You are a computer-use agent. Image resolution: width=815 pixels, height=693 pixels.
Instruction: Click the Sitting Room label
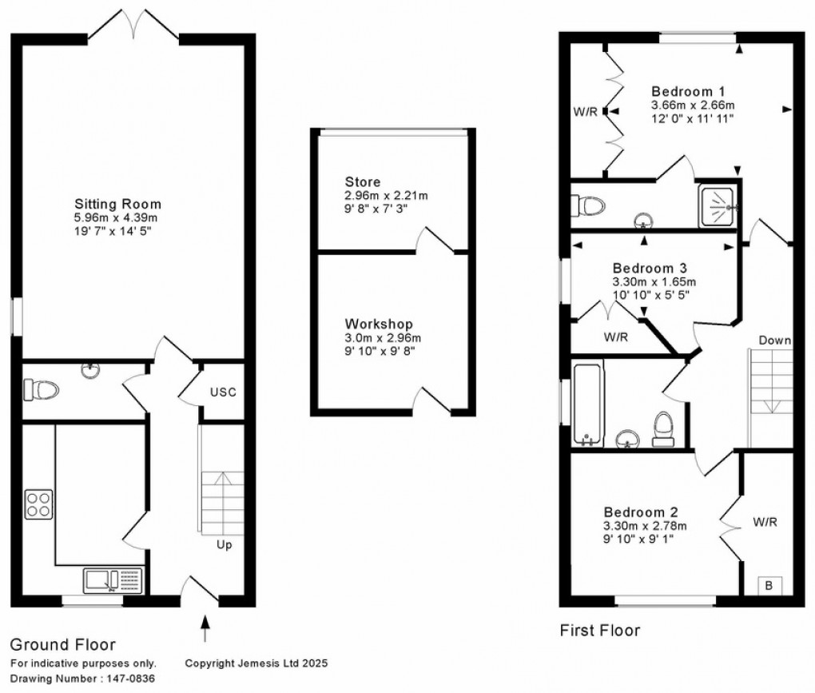[117, 204]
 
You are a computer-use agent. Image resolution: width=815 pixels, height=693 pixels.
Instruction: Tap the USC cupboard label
[224, 392]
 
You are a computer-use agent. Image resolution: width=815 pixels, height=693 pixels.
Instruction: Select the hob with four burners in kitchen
[38, 504]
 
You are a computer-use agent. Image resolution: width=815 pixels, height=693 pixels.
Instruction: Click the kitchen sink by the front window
[102, 579]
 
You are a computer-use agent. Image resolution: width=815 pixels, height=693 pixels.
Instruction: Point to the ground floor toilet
[42, 390]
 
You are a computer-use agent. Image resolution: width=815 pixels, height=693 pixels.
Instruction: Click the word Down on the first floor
[774, 341]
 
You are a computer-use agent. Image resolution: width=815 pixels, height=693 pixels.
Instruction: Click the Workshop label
[379, 324]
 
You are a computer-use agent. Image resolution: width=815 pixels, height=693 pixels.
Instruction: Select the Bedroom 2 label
[634, 512]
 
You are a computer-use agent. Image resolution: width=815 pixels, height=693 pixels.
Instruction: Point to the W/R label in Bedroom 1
[584, 111]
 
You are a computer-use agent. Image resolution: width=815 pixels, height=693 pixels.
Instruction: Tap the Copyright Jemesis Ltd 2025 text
[256, 663]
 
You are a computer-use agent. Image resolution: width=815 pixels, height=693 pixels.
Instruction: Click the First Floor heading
[599, 631]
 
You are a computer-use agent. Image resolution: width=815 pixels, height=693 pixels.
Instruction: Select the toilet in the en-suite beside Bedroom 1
[588, 205]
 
